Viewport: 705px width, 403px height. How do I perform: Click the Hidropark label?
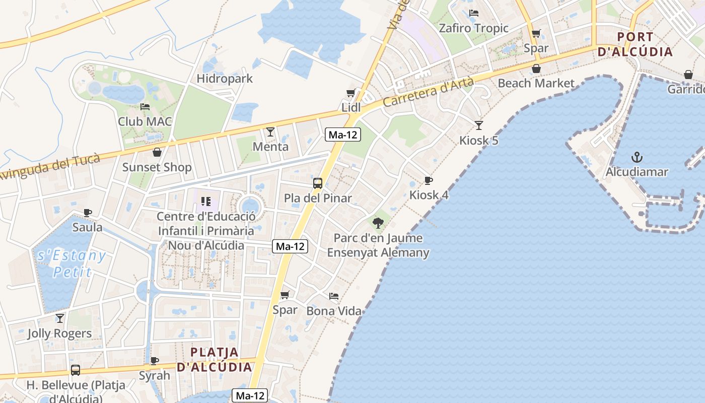click(225, 79)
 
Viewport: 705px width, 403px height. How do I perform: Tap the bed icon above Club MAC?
click(145, 107)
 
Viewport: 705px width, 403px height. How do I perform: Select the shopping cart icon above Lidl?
click(350, 93)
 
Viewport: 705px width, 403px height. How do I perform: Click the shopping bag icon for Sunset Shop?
click(157, 152)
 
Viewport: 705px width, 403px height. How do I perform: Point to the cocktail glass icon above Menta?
click(270, 132)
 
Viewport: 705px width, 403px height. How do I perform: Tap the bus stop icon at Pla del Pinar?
click(318, 183)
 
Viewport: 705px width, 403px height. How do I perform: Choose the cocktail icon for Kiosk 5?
click(478, 125)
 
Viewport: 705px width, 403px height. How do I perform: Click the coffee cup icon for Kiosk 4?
click(428, 180)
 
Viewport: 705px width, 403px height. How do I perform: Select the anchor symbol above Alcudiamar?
click(637, 157)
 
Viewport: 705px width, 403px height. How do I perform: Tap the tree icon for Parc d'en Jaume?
click(378, 222)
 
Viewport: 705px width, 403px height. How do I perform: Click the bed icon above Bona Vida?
click(334, 296)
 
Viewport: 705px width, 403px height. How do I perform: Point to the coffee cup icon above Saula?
click(88, 213)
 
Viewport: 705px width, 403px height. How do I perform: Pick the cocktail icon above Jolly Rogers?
click(59, 318)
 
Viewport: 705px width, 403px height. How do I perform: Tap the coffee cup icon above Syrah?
click(155, 361)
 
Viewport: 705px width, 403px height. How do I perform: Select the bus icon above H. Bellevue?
click(76, 370)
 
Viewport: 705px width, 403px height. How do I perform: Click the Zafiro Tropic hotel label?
click(473, 28)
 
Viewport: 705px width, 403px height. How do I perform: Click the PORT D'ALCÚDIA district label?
click(635, 44)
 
